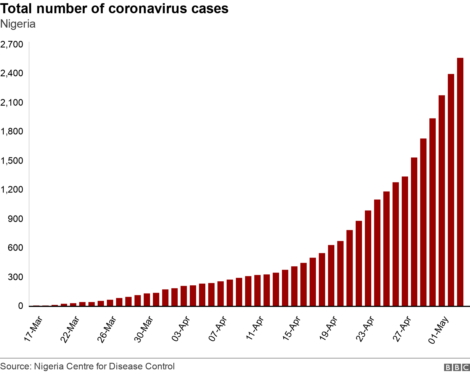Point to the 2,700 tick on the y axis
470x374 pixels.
(x=12, y=44)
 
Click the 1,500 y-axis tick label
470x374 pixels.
(x=12, y=161)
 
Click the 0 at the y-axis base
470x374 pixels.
(x=20, y=306)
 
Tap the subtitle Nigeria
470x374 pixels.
(x=18, y=24)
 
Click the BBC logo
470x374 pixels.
(x=457, y=367)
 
